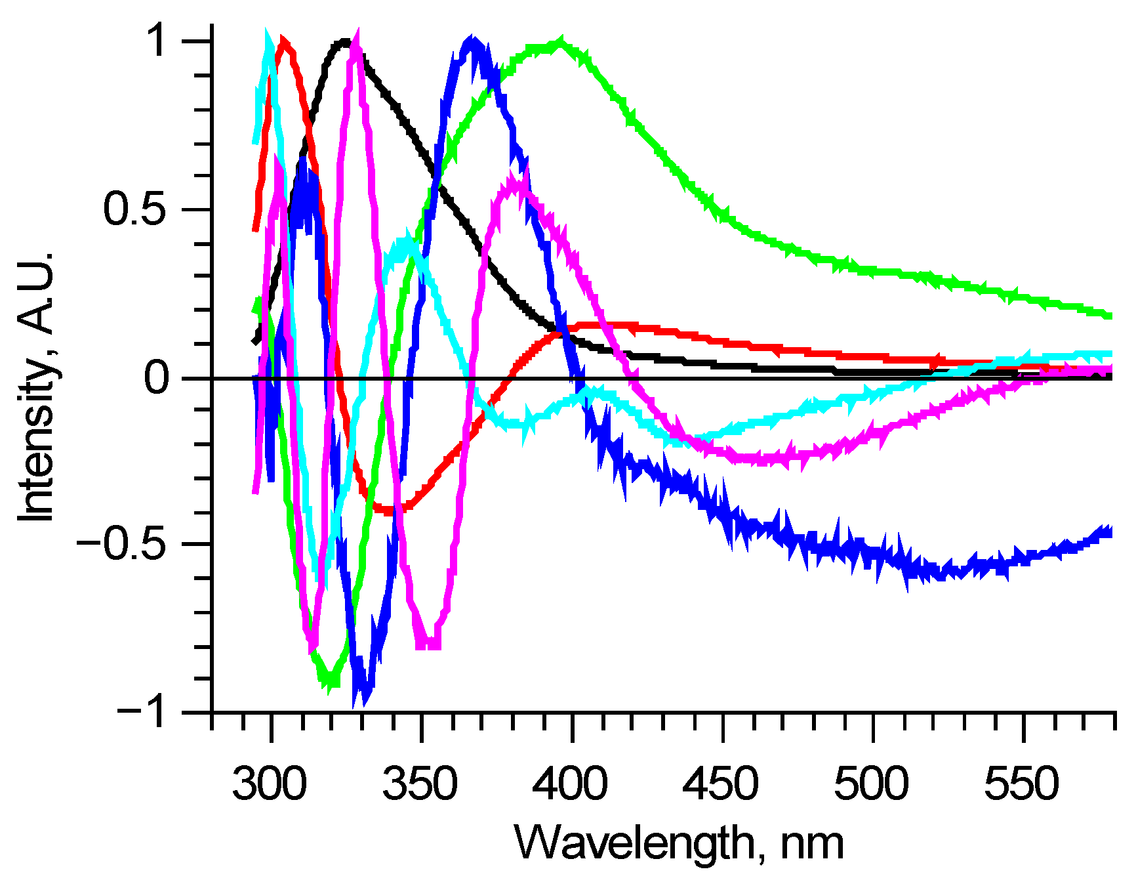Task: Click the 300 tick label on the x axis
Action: tap(269, 784)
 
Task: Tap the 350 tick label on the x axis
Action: tap(420, 784)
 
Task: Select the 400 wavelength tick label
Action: tap(569, 784)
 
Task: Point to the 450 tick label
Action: tap(720, 784)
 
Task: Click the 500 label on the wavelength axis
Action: tap(871, 784)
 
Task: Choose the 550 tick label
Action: tap(1021, 784)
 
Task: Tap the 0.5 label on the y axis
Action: tap(134, 209)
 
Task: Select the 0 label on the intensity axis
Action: tap(157, 378)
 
